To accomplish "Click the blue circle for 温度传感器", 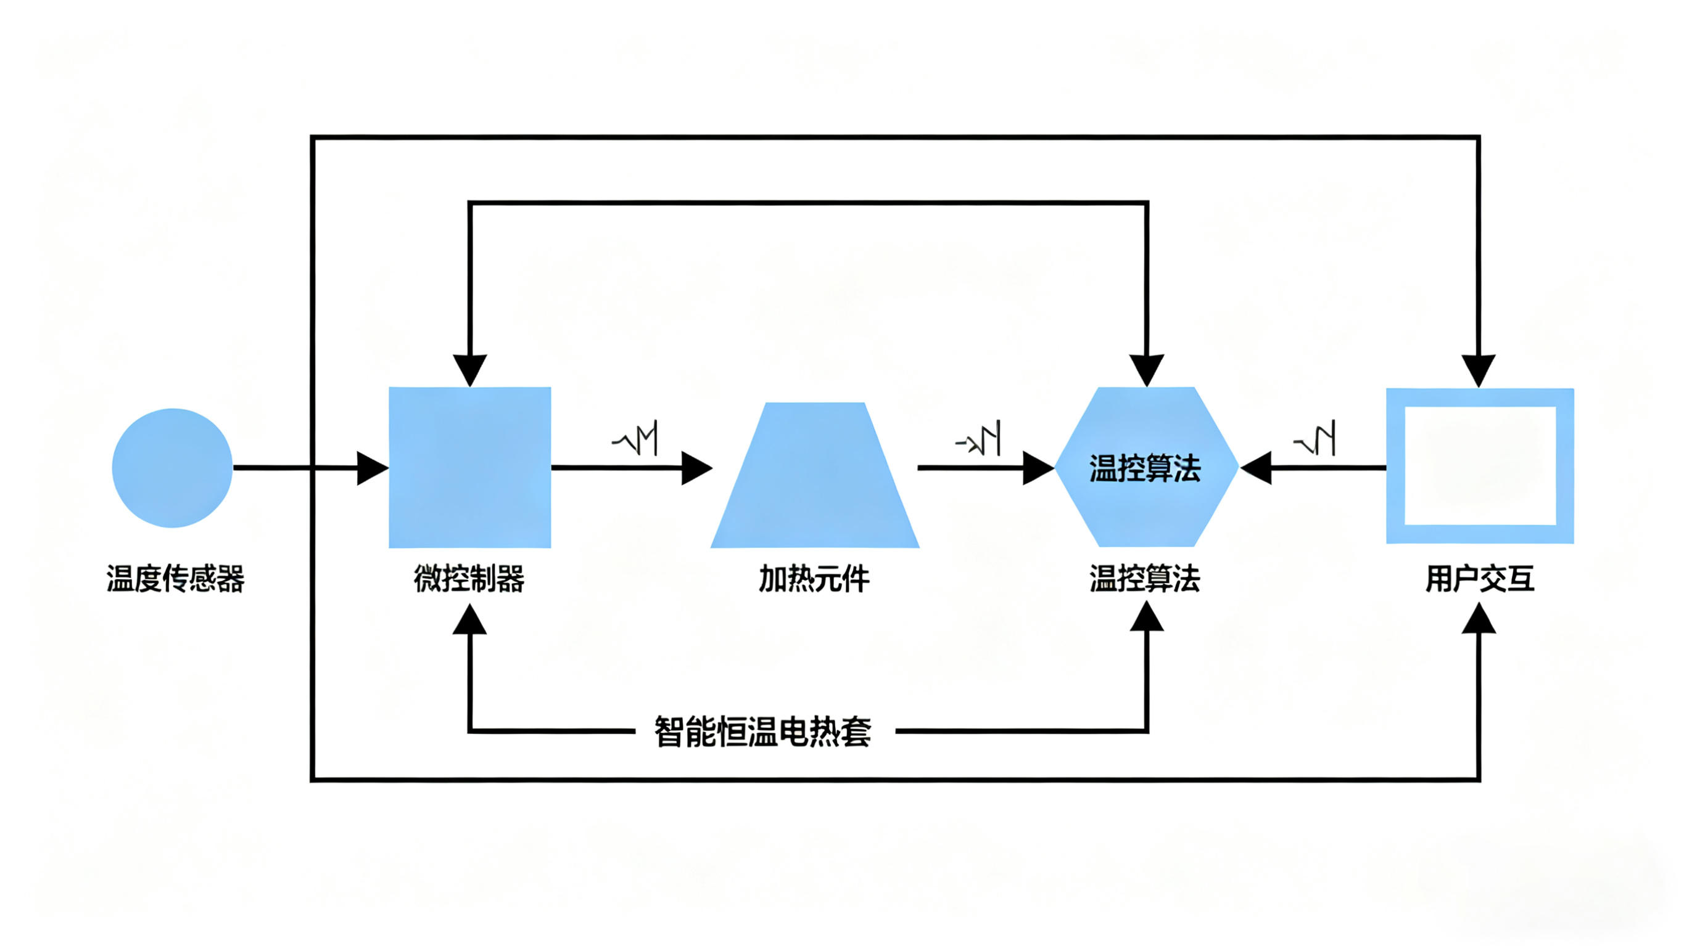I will point(172,468).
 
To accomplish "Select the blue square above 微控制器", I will point(469,468).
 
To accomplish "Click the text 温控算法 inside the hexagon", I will point(1145,468).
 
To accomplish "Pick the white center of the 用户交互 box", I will point(1480,466).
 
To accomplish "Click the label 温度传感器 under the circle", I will point(175,579).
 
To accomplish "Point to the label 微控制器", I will point(469,579).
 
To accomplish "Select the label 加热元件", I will point(814,579).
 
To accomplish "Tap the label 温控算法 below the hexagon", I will point(1145,579).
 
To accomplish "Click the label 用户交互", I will point(1480,579).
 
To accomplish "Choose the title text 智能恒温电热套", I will point(763,732).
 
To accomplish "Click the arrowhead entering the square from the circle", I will point(372,468).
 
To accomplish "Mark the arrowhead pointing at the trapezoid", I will point(696,468).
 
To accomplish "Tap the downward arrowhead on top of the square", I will point(469,370).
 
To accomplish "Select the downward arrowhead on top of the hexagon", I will point(1147,370).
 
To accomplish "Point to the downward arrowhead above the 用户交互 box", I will point(1479,370).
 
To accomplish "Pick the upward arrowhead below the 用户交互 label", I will point(1479,619).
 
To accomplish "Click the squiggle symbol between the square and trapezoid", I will point(635,439).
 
